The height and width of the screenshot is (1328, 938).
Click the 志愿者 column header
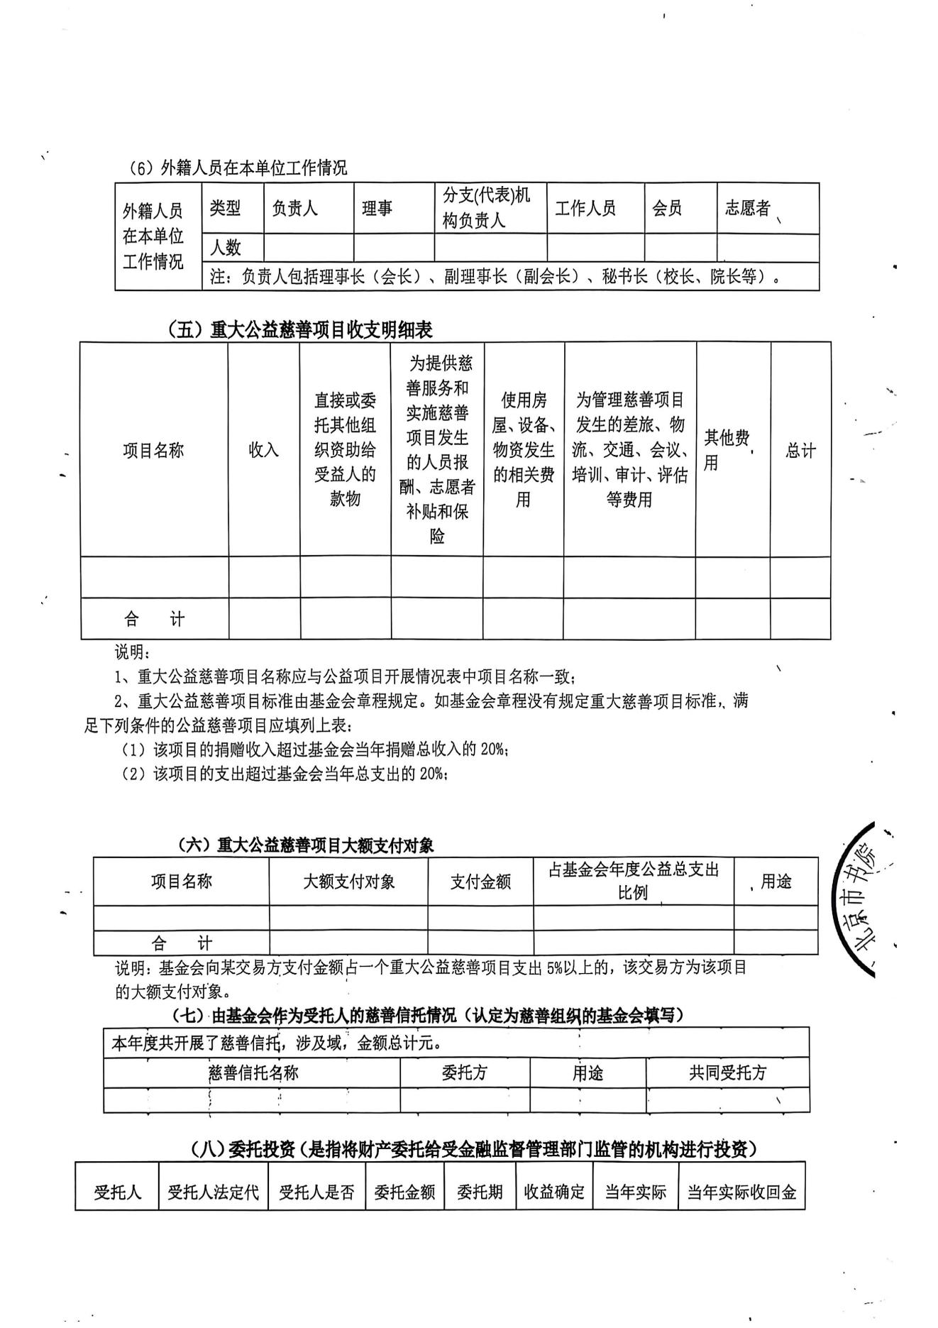point(747,208)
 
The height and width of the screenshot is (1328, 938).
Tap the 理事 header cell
point(377,209)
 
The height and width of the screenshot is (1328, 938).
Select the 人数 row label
point(226,248)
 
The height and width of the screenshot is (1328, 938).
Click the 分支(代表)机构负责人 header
point(487,207)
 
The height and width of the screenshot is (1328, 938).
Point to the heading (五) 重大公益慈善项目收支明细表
point(300,329)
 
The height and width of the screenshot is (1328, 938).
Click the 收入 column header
point(263,450)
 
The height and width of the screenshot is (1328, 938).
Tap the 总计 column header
point(800,450)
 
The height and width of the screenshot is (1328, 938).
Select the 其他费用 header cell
point(727,450)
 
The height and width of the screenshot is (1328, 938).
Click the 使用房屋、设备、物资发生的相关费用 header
point(524,450)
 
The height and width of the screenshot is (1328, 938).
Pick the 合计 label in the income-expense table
point(154,619)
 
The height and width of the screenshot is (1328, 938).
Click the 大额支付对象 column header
point(348,882)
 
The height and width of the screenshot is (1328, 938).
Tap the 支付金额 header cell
point(480,882)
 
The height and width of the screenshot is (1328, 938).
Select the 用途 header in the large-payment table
point(776,882)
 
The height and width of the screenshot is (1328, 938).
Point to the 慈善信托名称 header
point(253,1072)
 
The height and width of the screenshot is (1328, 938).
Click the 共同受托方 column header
point(728,1072)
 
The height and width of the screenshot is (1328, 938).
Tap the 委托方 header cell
point(465,1072)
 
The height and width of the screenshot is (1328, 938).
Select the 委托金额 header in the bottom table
point(404,1192)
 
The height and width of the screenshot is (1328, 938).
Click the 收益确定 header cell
point(554,1192)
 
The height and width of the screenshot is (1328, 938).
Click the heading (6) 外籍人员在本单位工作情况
point(238,168)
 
